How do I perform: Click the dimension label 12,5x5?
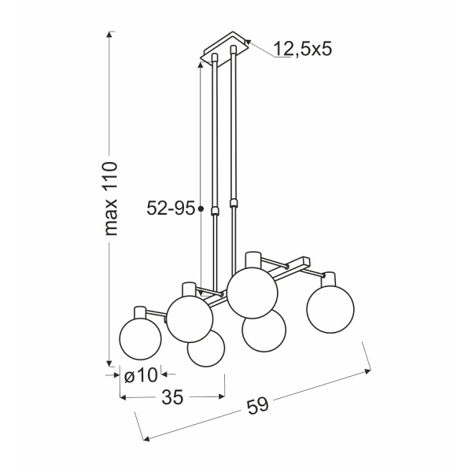tap(304, 50)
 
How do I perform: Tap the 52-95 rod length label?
tap(171, 208)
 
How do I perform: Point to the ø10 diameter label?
tap(142, 375)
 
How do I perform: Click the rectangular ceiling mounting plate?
tap(225, 49)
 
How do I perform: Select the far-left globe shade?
tap(140, 336)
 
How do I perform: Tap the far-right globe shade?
tap(329, 310)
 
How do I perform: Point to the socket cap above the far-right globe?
tap(330, 279)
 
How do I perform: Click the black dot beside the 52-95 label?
tap(201, 209)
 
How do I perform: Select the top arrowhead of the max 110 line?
tap(111, 34)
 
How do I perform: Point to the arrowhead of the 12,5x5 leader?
tap(248, 42)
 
